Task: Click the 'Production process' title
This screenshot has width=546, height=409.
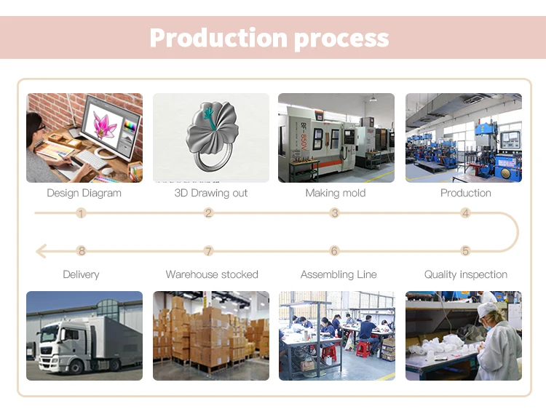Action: click(x=269, y=38)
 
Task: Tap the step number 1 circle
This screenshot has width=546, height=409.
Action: click(x=81, y=213)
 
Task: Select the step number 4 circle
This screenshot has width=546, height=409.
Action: click(x=466, y=213)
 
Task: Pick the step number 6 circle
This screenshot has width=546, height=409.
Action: click(x=335, y=251)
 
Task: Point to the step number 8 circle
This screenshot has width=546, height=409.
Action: click(x=82, y=251)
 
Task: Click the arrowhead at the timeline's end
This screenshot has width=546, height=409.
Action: click(x=41, y=251)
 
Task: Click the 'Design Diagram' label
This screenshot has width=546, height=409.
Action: click(x=84, y=193)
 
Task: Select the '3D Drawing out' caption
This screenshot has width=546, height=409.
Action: click(x=211, y=193)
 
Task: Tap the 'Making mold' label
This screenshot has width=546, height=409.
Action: click(x=336, y=193)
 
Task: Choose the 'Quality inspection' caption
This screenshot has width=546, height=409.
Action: click(x=466, y=274)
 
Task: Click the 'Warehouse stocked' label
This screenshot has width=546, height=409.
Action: click(x=212, y=274)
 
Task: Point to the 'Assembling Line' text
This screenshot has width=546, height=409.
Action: click(x=339, y=274)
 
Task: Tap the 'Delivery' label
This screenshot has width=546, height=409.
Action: click(x=81, y=274)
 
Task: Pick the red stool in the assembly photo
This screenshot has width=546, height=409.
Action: click(x=363, y=349)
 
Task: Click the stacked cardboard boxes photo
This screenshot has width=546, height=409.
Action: click(x=211, y=335)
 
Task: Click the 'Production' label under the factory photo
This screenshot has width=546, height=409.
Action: click(x=466, y=193)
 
